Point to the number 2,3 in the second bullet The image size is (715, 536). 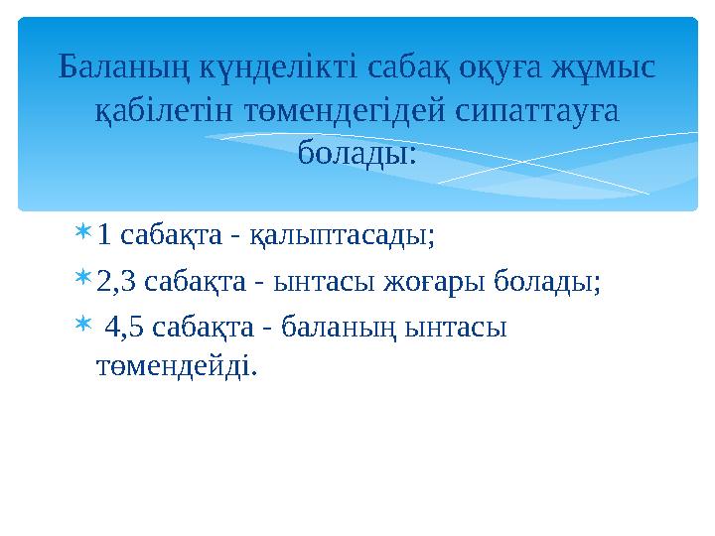coord(116,282)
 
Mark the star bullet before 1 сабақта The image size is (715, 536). coord(83,234)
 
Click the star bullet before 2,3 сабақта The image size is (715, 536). coord(83,280)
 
